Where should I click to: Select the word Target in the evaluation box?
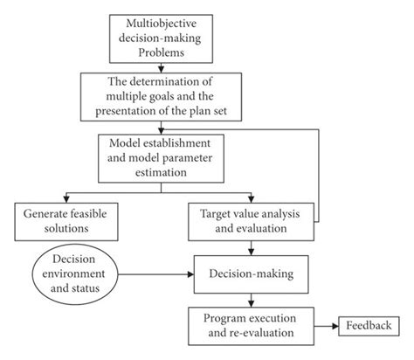(x=217, y=211)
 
